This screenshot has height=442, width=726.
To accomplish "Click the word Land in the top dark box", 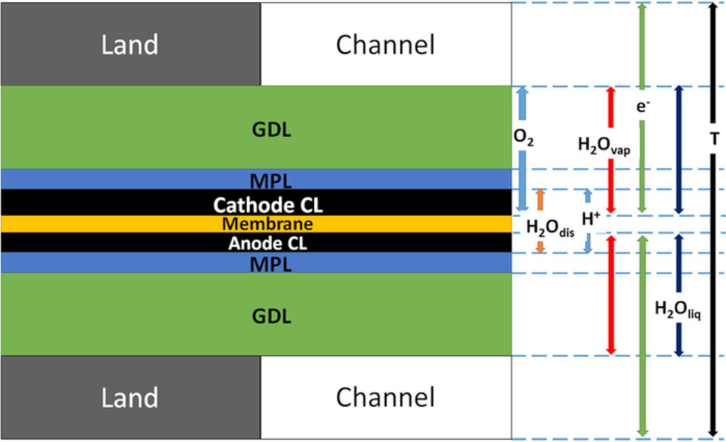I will (x=129, y=45).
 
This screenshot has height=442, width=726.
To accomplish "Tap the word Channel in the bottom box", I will (x=385, y=397).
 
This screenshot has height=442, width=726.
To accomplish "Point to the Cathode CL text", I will (x=268, y=205).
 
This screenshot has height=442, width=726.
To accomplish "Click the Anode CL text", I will (x=267, y=244).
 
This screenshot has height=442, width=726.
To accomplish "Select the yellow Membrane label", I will (x=267, y=224).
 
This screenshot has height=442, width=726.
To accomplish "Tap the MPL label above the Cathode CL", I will (x=271, y=182).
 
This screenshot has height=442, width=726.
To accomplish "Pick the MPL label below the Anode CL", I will (x=271, y=264).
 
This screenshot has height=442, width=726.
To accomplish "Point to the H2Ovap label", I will (x=603, y=146).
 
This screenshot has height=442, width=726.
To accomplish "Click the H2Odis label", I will (x=550, y=228).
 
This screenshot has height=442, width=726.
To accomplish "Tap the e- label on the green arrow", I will (x=642, y=106).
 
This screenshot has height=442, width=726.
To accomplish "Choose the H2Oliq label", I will (x=678, y=310).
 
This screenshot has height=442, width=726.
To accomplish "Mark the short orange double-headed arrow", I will (x=540, y=220).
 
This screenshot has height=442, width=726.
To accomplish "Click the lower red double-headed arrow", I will (x=611, y=295).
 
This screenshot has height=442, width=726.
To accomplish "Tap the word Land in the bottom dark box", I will (x=129, y=397).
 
